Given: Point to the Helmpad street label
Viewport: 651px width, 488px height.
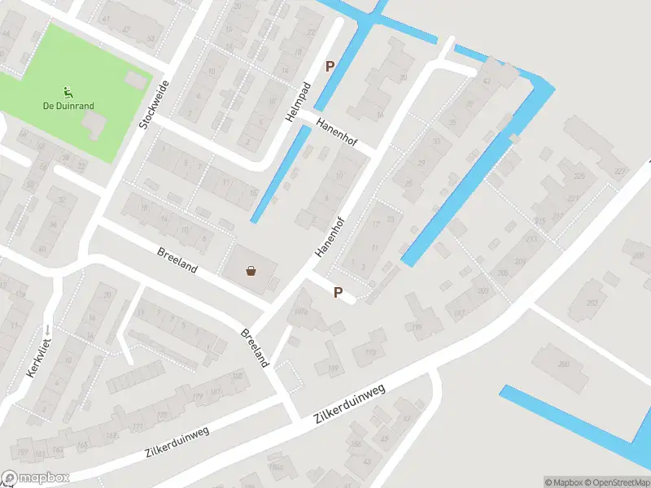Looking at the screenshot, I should click(x=299, y=103).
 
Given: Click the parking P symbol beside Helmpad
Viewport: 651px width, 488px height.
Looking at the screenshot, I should click(x=330, y=67).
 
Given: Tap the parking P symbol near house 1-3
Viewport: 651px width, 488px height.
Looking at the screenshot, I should click(x=338, y=291).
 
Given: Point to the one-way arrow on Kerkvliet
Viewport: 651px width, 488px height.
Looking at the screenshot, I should click(x=47, y=329).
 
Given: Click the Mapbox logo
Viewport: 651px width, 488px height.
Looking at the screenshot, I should click(x=36, y=478).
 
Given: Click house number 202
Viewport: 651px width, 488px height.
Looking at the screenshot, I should click(x=592, y=303).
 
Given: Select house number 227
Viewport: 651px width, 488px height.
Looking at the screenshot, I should click(x=622, y=172).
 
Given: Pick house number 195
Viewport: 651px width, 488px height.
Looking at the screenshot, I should click(x=418, y=328).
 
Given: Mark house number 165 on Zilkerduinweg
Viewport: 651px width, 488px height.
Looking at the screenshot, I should click(x=81, y=446).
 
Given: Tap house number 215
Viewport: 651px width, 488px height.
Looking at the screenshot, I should click(x=540, y=221).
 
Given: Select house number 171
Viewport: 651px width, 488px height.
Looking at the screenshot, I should click(x=137, y=427).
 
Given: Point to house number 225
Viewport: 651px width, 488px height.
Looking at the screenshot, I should click(x=579, y=176).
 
